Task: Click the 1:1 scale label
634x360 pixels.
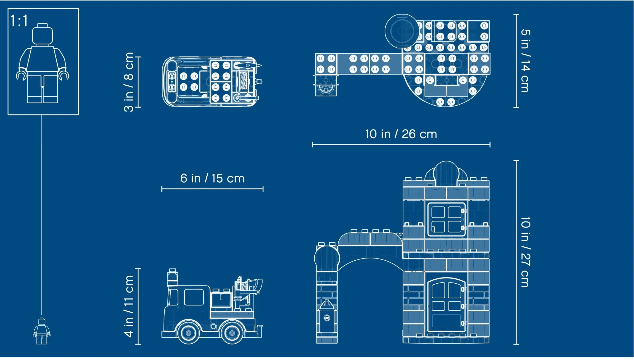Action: [19, 21]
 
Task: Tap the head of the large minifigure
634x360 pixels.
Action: [42, 35]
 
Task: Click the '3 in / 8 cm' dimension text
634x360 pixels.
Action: [129, 82]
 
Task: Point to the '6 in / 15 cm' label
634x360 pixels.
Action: [212, 178]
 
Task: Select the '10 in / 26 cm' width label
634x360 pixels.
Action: [401, 134]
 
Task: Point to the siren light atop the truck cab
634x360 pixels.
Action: [172, 277]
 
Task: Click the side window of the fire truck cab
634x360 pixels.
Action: [194, 297]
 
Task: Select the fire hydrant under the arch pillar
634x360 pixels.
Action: [327, 317]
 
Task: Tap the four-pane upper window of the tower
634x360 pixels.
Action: [446, 219]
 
